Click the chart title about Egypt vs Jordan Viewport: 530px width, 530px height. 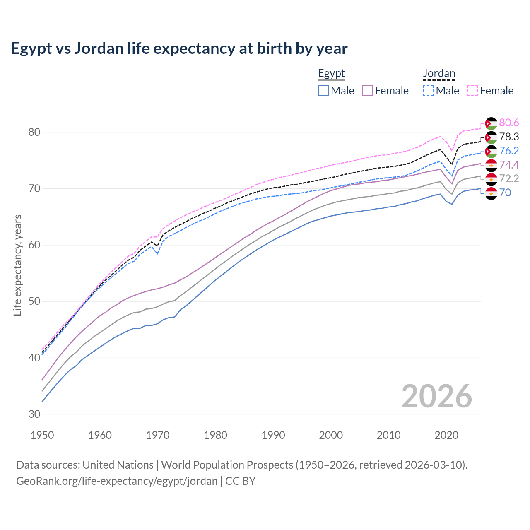point(179,48)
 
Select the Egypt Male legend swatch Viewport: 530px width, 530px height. point(323,91)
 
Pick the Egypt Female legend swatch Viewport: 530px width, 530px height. point(368,91)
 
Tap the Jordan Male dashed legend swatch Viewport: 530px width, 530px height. point(428,91)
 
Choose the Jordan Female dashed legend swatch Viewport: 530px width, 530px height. point(472,91)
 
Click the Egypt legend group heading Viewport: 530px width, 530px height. point(331,74)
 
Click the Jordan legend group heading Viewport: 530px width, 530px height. point(439,74)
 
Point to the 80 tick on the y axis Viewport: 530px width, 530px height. point(34,132)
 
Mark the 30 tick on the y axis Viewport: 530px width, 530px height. point(34,414)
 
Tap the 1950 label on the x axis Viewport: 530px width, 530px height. point(42,435)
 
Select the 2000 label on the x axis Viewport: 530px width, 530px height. point(331,435)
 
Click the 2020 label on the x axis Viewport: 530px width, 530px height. point(446,435)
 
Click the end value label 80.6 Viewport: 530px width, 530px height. point(509,123)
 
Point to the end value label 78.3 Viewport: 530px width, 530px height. point(509,137)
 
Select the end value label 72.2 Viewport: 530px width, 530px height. point(509,179)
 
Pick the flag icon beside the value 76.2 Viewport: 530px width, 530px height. point(491,151)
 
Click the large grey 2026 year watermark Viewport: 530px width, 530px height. point(437,396)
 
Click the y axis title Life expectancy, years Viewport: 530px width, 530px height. point(18,265)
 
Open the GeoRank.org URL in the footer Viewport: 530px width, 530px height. point(117,481)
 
